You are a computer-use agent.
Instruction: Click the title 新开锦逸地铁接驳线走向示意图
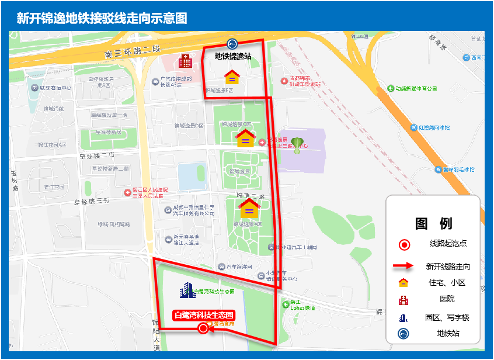pos(102,18)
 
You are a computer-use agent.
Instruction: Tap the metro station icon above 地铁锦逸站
pos(232,44)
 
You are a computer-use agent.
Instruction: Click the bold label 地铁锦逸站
pos(233,57)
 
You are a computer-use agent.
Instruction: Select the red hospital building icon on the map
pos(185,60)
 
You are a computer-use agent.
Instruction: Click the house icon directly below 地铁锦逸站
pos(232,77)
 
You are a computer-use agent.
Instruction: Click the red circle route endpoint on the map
pos(203,328)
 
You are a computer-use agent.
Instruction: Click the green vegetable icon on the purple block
pos(298,144)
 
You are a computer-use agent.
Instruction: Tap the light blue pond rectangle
pos(192,177)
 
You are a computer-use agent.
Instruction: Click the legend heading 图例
pos(433,223)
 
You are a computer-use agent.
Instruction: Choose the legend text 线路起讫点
pos(448,244)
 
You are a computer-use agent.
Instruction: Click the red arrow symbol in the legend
pos(403,266)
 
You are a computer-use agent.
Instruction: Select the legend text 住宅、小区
pos(447,283)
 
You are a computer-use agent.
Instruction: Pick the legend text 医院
pos(447,300)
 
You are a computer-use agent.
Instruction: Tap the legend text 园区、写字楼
pos(447,318)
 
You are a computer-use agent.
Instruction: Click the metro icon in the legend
pos(403,334)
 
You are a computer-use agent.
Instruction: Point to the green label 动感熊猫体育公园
pos(415,89)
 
